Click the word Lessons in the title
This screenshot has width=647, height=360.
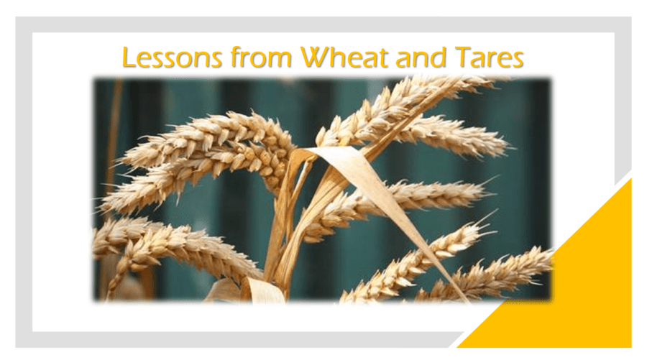pos(172,57)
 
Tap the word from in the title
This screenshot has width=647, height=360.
pos(261,57)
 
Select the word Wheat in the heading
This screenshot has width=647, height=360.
pos(344,57)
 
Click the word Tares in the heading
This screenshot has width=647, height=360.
pos(489,57)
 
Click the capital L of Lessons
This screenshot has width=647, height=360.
pos(129,57)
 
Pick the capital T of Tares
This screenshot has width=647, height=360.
pos(463,57)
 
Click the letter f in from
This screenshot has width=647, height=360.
pos(235,57)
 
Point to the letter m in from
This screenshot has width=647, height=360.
pos(280,60)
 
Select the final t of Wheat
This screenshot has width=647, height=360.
pos(383,58)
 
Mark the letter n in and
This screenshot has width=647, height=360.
pos(420,60)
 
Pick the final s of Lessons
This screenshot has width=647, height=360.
pos(216,60)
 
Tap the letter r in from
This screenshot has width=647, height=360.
pos(246,60)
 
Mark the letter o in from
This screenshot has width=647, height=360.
pos(259,60)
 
